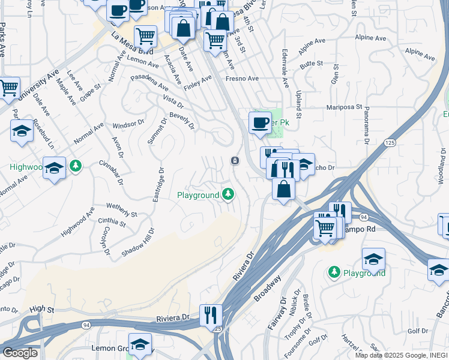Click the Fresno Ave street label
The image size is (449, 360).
242,79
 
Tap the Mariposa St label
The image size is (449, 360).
344,108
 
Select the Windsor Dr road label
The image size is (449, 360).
129,124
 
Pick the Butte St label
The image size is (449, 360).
312,63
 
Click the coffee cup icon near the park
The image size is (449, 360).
260,122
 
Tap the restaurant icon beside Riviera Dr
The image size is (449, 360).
211,314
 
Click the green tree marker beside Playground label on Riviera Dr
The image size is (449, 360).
228,194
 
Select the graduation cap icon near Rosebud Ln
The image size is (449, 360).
22,131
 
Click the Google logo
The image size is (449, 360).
20,353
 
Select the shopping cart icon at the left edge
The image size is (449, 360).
8,88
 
